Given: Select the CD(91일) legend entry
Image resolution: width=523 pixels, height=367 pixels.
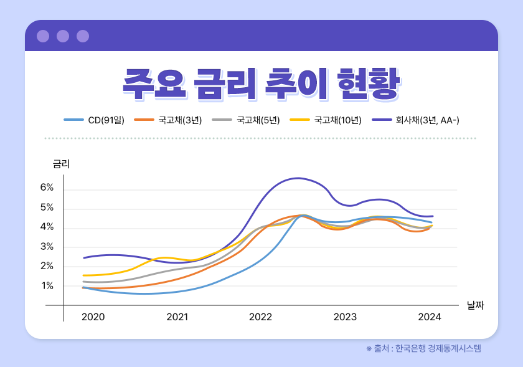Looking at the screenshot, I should [95, 120].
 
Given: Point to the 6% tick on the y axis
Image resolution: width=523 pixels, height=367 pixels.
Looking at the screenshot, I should [47, 188].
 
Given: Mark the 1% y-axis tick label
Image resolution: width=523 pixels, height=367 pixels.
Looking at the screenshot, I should [47, 286].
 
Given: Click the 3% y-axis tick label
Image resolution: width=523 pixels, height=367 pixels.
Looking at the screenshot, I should [47, 247].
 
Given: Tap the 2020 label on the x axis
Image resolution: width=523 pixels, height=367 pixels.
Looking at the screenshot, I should [93, 317].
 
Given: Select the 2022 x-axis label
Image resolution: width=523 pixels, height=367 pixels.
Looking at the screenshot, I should [261, 317].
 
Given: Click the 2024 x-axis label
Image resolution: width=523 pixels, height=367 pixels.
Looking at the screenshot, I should [429, 317].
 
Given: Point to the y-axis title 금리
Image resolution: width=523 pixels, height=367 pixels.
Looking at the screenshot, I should [62, 164].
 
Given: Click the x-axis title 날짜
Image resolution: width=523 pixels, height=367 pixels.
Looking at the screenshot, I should [475, 305].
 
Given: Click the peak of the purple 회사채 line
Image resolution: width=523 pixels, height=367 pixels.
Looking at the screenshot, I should [298, 178].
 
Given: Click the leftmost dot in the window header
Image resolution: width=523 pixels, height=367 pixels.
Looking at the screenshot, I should [43, 36].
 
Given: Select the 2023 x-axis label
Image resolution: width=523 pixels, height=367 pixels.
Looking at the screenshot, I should [345, 317].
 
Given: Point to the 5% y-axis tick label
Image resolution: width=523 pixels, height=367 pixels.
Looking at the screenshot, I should [47, 207].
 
